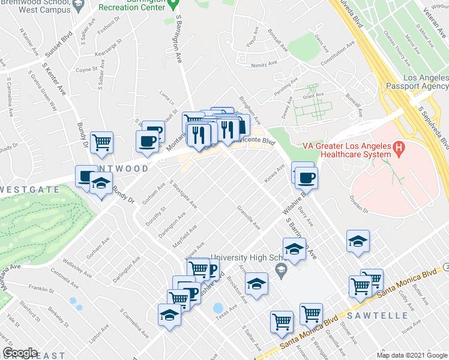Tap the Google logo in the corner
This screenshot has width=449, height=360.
pyautogui.click(x=20, y=353)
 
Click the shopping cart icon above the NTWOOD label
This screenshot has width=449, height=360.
pyautogui.click(x=102, y=142)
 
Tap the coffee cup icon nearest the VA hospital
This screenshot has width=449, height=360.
pyautogui.click(x=306, y=177)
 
